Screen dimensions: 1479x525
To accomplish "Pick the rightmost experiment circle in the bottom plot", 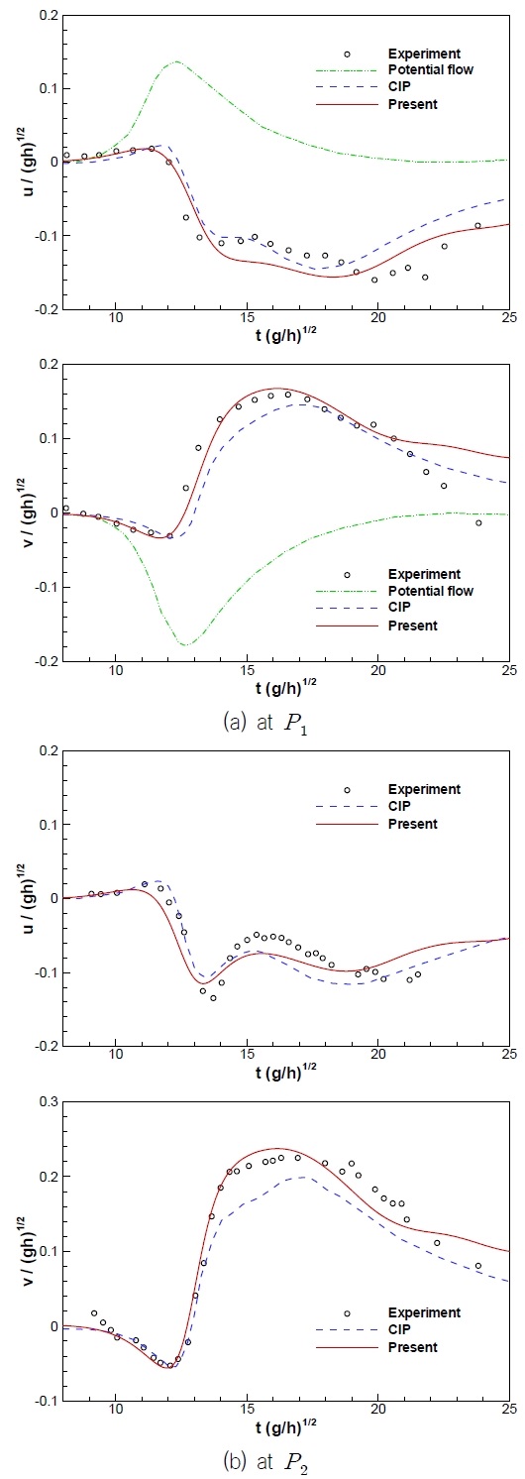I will pos(478,1266).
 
